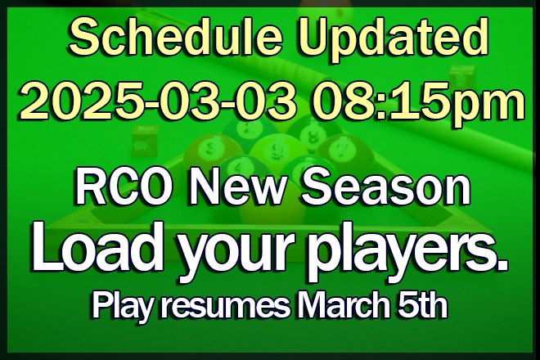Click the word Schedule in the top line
[x=176, y=37]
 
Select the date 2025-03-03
[x=159, y=100]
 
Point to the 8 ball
[x=313, y=133]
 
